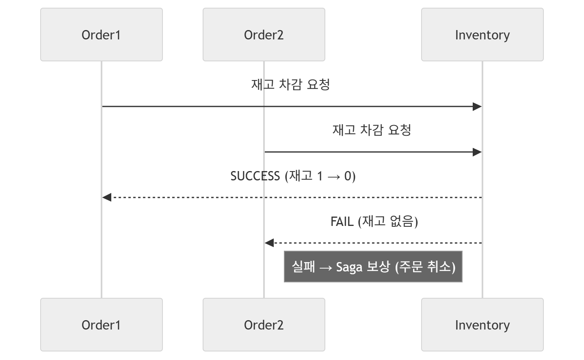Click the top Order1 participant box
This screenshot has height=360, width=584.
click(x=102, y=35)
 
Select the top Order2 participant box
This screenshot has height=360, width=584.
click(x=264, y=35)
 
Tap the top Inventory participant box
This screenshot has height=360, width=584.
click(x=482, y=35)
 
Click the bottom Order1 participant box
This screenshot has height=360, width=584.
click(x=102, y=325)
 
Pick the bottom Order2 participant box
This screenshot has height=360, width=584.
click(x=264, y=325)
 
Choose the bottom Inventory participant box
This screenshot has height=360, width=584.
click(x=482, y=325)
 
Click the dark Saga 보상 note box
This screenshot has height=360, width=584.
click(x=373, y=267)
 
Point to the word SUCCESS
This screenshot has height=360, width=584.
click(x=255, y=176)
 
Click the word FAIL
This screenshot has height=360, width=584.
click(x=342, y=222)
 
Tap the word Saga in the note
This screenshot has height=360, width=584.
click(x=349, y=267)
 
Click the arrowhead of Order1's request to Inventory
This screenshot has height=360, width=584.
click(x=477, y=106)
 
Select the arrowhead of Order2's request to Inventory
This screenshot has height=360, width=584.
click(x=477, y=152)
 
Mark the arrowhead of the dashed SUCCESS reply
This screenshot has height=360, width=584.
click(x=107, y=197)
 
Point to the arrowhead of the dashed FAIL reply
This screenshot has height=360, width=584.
click(x=269, y=243)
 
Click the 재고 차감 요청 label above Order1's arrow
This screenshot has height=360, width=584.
click(x=291, y=85)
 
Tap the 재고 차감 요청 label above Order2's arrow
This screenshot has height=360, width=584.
click(x=372, y=130)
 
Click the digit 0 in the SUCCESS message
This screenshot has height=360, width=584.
click(x=348, y=176)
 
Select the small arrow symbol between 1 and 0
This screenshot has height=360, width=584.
click(x=334, y=177)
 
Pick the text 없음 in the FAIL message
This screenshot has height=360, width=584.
click(x=402, y=221)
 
